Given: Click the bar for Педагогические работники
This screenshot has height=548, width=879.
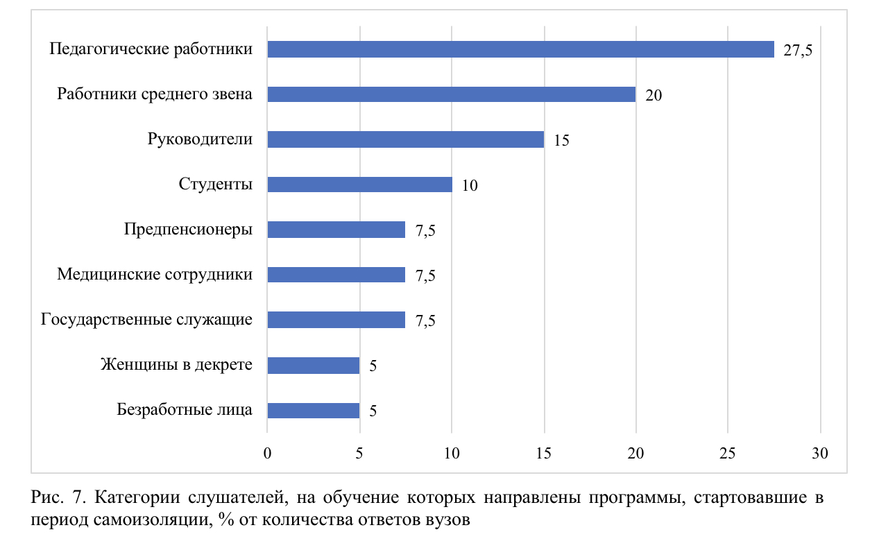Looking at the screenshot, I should coord(520,49).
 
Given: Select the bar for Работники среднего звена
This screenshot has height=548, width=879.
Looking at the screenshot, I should coord(451,94).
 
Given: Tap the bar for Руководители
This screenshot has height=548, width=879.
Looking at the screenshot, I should coord(405,139).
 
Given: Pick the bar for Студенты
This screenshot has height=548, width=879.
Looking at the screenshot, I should coord(359,185).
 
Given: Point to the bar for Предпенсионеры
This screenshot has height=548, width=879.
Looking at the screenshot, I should coord(336,230).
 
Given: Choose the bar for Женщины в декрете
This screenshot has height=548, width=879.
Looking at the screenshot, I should coord(313,366).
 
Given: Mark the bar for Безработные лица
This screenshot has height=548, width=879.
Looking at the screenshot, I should coord(313,411).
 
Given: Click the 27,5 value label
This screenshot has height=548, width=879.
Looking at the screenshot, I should coord(798,51).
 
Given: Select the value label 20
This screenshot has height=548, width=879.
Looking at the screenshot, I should coord(654,96).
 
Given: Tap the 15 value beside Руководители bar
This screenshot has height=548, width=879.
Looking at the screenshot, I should coord(561,141).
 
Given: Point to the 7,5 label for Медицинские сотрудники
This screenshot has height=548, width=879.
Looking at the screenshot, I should coord(425,276).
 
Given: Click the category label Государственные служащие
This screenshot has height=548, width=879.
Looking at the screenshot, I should coord(146,320).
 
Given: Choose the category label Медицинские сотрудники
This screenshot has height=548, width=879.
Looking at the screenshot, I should coord(155,275).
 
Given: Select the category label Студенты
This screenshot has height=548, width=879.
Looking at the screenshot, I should coord(215,185).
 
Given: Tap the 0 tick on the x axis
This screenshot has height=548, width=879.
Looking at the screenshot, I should coord(267,454).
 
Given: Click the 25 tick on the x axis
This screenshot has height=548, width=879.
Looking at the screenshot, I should coord(728,454).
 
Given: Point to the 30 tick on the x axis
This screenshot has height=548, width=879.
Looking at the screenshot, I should coord(820,454).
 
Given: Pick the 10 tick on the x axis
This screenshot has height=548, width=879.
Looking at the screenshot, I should coord(452,454).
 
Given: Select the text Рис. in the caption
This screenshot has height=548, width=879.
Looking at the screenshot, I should coord(46,499).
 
